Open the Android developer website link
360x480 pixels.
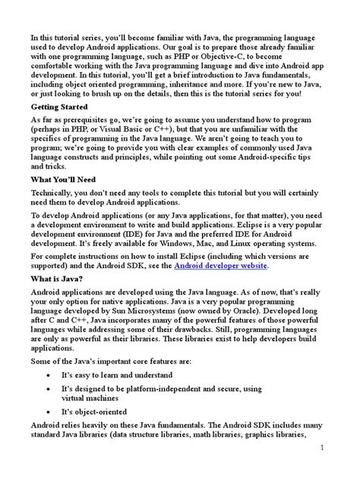coord(221,287)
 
